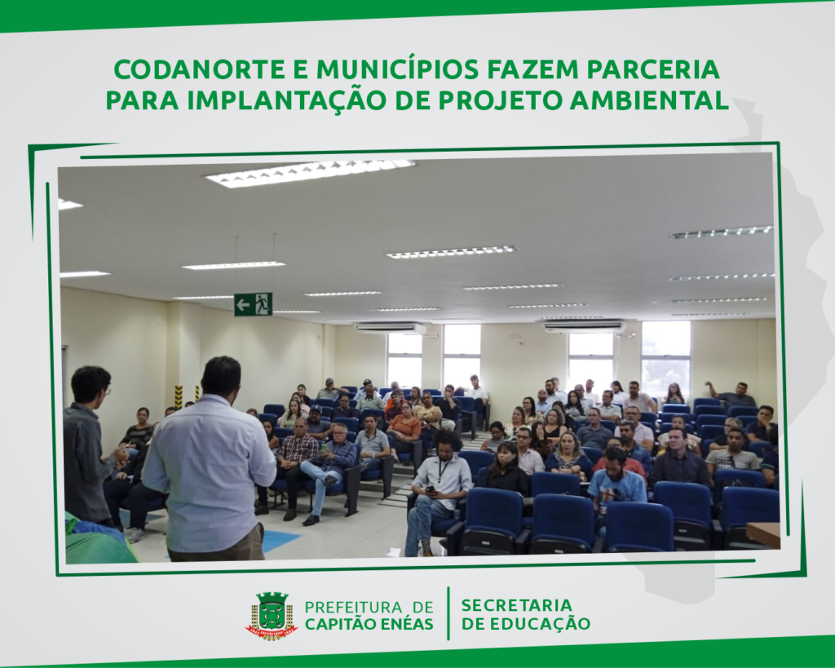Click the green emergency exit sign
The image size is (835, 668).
pos(254,304)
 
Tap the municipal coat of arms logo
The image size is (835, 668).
pos(271,615)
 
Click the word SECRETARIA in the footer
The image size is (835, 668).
pos(516,606)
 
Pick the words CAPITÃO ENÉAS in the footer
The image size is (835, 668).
pos(369,624)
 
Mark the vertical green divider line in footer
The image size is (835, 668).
pos(448,613)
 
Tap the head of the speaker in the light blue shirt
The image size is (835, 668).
pos(220,376)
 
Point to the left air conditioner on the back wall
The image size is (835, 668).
pos(391,328)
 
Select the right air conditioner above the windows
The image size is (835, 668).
pos(584,325)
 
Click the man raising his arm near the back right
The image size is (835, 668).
pos(732,395)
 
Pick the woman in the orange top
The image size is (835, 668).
pos(404,425)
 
